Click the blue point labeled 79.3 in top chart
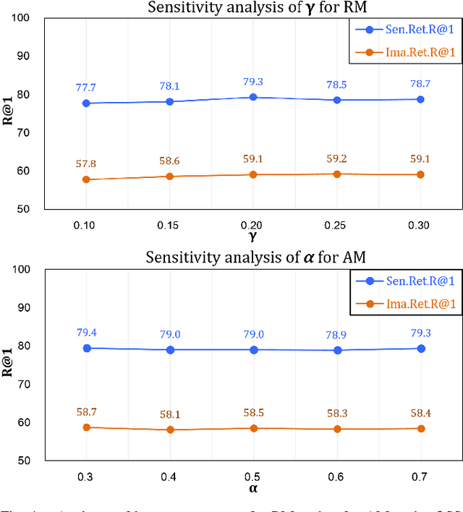click(253, 97)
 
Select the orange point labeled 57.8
click(86, 179)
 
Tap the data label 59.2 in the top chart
click(337, 158)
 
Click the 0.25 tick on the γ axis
click(337, 226)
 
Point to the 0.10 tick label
click(86, 226)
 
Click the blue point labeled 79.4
click(87, 348)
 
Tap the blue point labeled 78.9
click(337, 350)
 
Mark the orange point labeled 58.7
click(87, 427)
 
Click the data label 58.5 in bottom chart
click(254, 411)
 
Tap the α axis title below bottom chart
click(253, 489)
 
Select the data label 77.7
click(87, 88)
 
